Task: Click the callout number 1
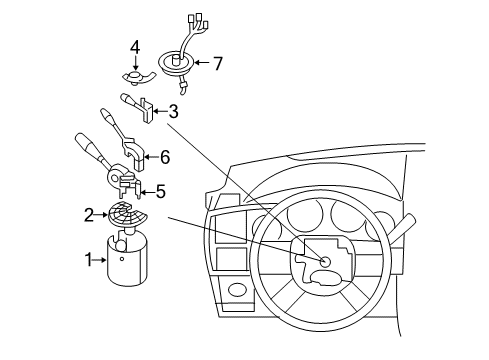click(x=89, y=260)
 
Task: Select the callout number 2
click(x=89, y=213)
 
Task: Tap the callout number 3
click(x=173, y=111)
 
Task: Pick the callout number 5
click(x=160, y=189)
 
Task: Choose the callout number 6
click(x=166, y=156)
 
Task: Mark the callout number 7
click(x=217, y=63)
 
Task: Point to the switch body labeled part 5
click(x=125, y=185)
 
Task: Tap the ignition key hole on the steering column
click(x=325, y=261)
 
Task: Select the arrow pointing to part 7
click(x=200, y=63)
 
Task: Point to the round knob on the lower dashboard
click(x=238, y=291)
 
